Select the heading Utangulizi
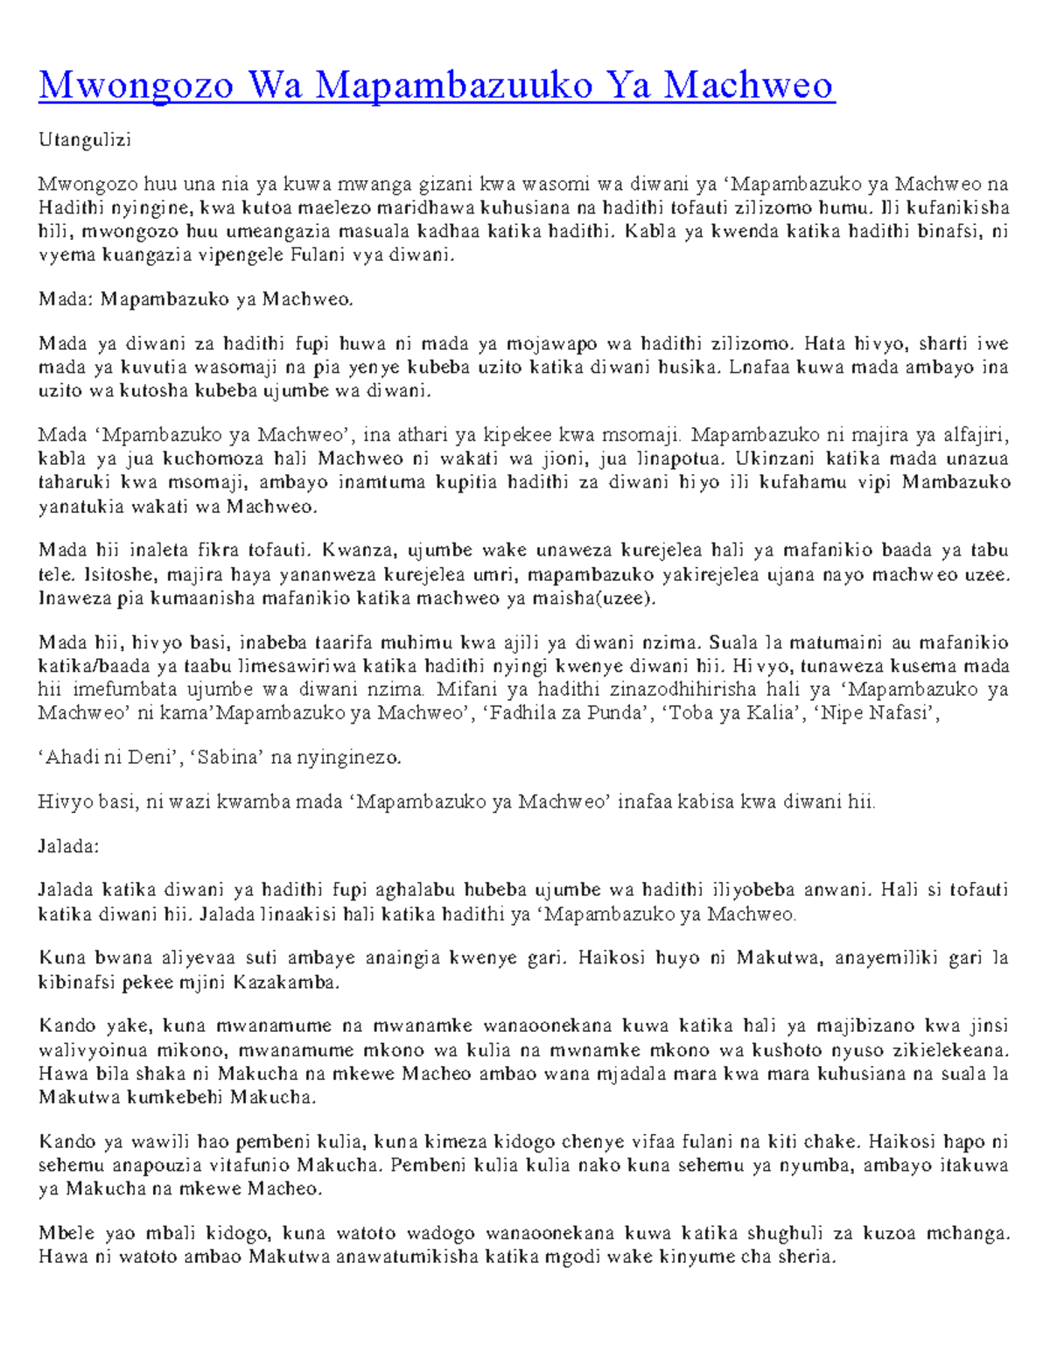pyautogui.click(x=84, y=140)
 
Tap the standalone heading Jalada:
pyautogui.click(x=69, y=846)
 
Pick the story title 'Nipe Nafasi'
pyautogui.click(x=874, y=712)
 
